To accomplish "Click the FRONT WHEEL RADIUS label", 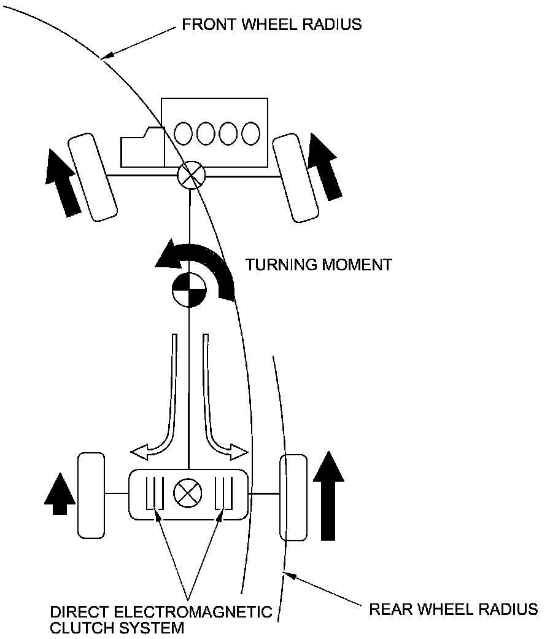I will pos(271,25).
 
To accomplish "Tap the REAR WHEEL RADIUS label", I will pos(453,610).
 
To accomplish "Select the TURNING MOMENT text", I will pos(318,265).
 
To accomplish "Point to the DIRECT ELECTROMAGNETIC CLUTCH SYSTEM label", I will pos(161,620).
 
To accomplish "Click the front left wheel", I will pos(92,178).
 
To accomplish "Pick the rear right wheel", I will pos(293,498).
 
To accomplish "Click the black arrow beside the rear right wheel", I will pos(329,495).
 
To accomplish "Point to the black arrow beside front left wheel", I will pos(63,182).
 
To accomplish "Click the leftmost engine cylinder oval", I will pos(183,133).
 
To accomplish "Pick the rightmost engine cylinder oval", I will pos(250,133).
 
